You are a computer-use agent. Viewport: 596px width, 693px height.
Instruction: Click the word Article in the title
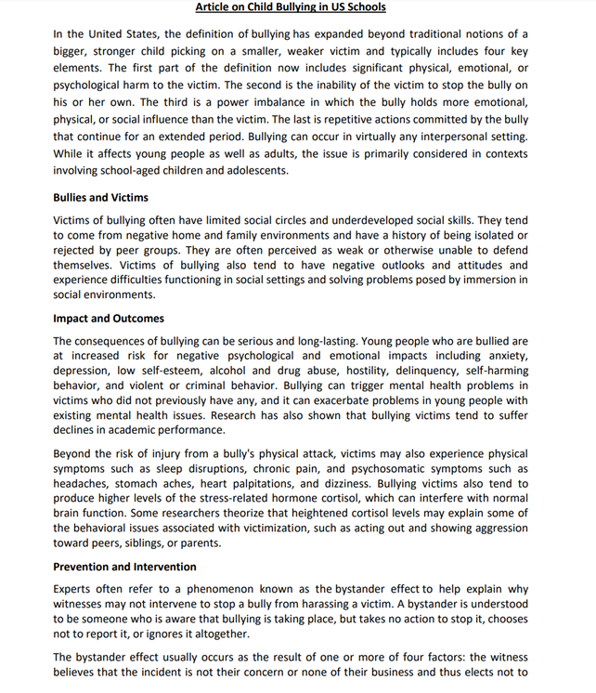[215, 7]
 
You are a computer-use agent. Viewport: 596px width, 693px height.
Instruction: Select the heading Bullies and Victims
[100, 198]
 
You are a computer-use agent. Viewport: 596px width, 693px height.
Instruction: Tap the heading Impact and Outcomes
[109, 319]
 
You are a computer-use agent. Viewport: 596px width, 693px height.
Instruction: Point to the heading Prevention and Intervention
[124, 567]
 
